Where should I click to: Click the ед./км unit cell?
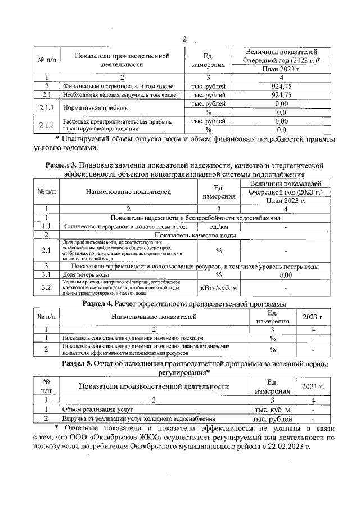(x=218, y=226)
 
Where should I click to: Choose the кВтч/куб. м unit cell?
(x=218, y=289)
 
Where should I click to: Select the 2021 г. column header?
(x=313, y=386)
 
